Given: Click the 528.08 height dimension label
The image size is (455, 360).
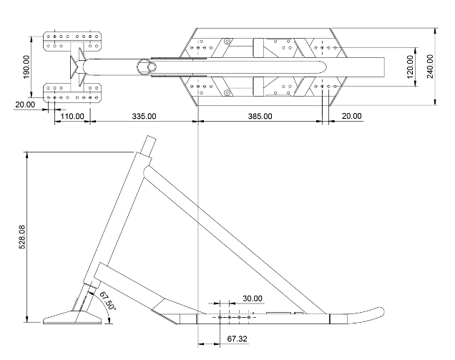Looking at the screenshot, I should pyautogui.click(x=21, y=238).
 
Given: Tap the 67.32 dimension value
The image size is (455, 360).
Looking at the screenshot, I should pyautogui.click(x=237, y=338).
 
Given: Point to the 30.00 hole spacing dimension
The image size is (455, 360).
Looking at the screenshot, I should pyautogui.click(x=252, y=298).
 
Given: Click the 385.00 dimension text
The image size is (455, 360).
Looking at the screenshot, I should pyautogui.click(x=260, y=115).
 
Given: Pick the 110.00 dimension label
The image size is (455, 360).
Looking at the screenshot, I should pyautogui.click(x=72, y=115).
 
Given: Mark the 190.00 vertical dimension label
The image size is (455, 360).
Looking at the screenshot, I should pyautogui.click(x=26, y=67).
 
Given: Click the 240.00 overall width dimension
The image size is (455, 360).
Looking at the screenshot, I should pyautogui.click(x=430, y=67).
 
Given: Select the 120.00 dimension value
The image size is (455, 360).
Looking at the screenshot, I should pyautogui.click(x=410, y=67).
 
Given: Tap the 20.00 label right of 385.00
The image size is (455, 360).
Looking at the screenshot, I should pyautogui.click(x=351, y=115).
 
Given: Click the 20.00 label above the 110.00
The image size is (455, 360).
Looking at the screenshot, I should pyautogui.click(x=25, y=104).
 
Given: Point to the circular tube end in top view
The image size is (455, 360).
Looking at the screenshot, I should pyautogui.click(x=149, y=66).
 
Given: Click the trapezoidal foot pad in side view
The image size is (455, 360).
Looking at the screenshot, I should pyautogui.click(x=73, y=317).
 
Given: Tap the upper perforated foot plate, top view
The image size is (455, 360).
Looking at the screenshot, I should pyautogui.click(x=74, y=41).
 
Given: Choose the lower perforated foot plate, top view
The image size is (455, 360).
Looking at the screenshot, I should pyautogui.click(x=74, y=92).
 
